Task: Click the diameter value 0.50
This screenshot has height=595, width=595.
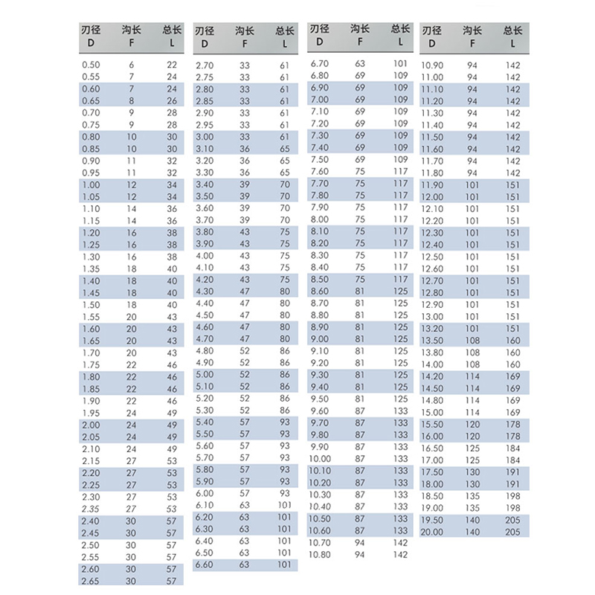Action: (90, 65)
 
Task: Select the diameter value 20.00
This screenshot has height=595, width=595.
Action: (432, 532)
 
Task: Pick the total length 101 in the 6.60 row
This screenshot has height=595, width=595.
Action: (284, 565)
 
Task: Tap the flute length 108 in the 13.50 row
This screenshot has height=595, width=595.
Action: (472, 341)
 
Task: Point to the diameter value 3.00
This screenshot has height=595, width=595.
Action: (204, 137)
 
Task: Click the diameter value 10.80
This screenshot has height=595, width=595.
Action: (319, 554)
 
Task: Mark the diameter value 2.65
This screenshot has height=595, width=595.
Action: (90, 580)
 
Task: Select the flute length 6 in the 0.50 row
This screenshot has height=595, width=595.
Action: (132, 65)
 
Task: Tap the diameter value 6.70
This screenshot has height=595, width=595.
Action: (319, 64)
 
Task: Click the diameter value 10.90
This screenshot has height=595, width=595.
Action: (432, 65)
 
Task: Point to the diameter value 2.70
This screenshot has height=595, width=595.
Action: (204, 65)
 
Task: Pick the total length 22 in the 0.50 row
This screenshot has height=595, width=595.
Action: (172, 65)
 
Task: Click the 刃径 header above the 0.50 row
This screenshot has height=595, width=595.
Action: (91, 31)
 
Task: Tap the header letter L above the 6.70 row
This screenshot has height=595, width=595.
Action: (400, 42)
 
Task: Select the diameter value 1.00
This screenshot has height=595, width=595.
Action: (90, 184)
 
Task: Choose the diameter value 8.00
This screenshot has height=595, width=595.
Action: (319, 219)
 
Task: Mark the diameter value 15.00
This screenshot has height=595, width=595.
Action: (432, 413)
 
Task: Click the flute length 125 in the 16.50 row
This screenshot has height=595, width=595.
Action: (472, 448)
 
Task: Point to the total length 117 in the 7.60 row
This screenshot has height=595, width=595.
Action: (400, 172)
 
